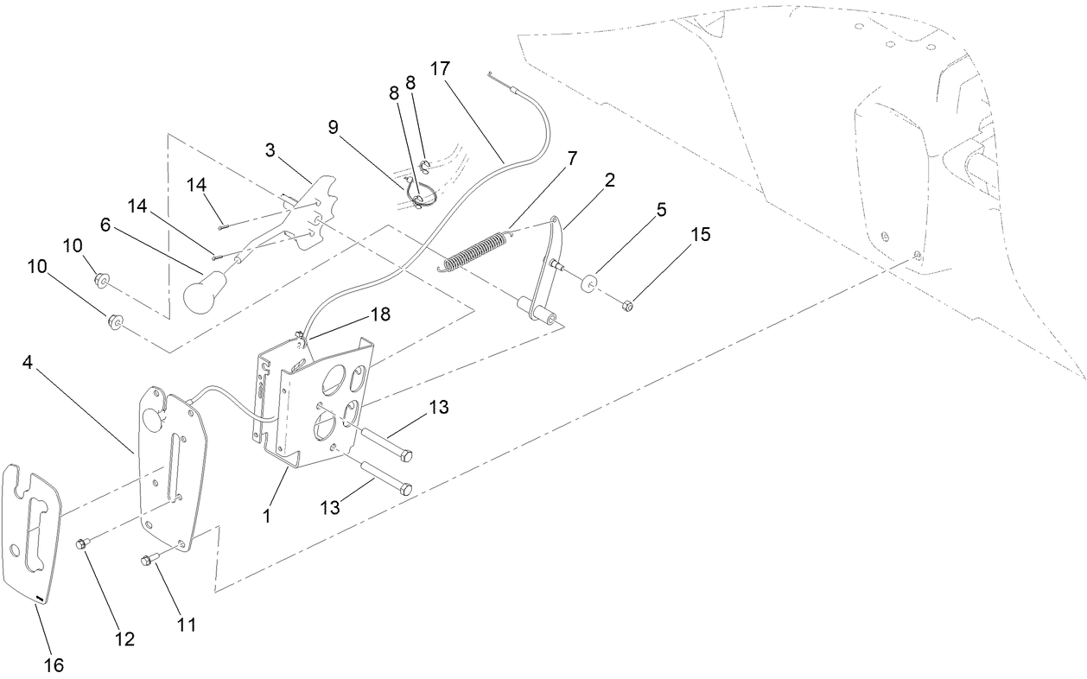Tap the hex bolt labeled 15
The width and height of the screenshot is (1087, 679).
coord(628,304)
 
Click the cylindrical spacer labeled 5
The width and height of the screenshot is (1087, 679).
coord(590,284)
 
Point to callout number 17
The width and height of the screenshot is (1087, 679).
coord(441,68)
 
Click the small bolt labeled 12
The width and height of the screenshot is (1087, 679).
coord(83,544)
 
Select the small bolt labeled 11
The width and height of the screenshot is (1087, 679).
coord(147,561)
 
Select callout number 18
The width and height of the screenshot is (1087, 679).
coord(380,315)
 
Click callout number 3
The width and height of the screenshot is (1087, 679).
coord(270,149)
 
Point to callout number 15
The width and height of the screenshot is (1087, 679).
coord(700,235)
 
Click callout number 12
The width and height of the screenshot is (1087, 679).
coord(124,639)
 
